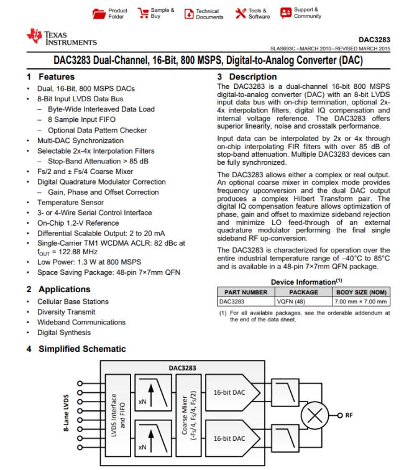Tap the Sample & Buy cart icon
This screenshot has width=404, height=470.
(142, 12)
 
